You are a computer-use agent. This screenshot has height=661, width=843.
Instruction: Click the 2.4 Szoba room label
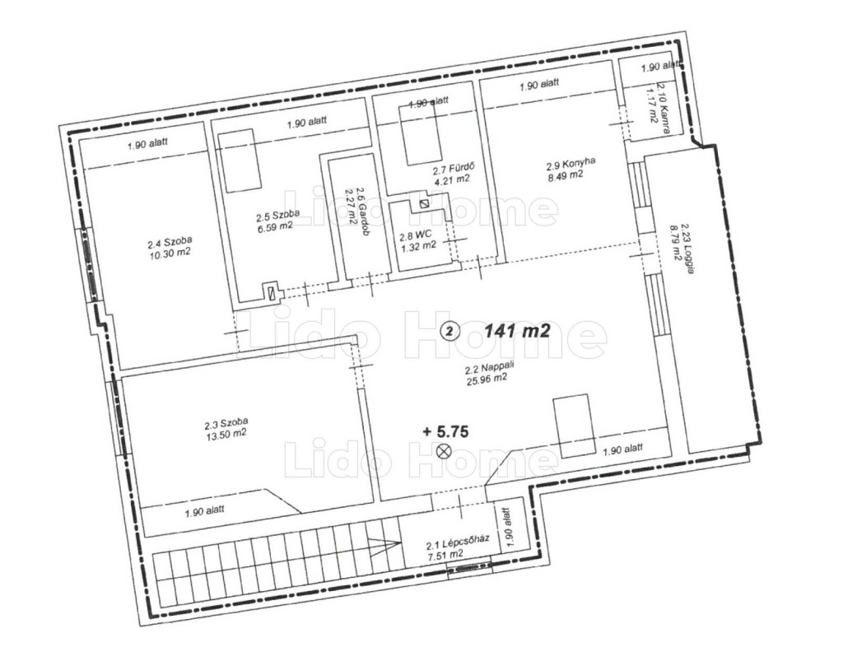pos(170,242)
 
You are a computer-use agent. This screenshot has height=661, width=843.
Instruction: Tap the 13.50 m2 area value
pos(226,434)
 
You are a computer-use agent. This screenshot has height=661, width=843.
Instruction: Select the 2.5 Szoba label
pos(277,216)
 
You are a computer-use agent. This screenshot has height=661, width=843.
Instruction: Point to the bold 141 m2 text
pos(517,331)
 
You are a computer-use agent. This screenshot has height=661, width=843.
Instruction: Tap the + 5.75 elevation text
pos(445,431)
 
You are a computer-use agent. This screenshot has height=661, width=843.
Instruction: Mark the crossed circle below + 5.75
pos(444,451)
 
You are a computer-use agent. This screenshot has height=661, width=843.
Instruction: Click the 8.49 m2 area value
pos(565,175)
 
